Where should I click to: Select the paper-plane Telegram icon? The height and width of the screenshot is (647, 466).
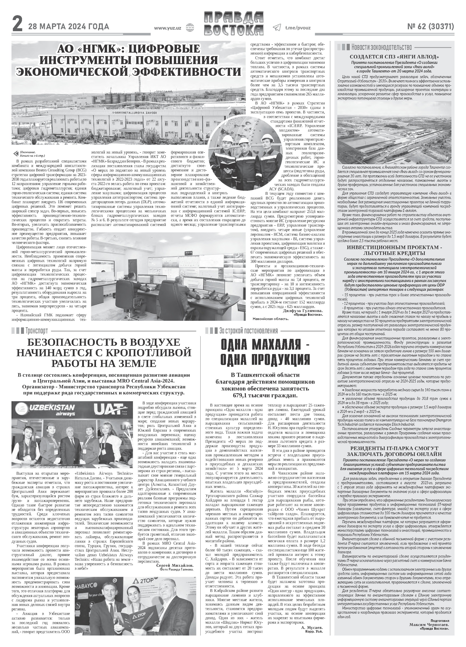277,27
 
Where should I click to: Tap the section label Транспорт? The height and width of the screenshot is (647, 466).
37,331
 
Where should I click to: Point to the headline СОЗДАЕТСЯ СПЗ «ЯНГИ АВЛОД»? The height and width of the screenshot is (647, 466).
394,56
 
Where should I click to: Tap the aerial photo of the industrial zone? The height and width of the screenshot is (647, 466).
394,132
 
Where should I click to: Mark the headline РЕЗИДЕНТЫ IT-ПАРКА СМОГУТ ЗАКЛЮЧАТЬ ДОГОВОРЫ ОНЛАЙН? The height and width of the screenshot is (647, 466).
394,451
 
